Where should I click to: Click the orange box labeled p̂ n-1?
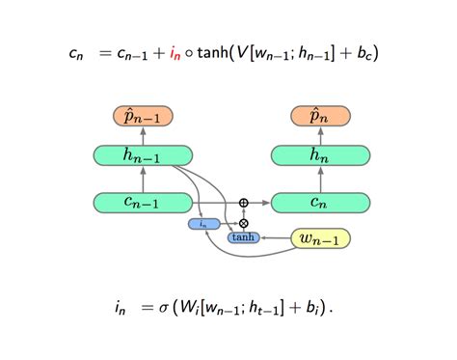[x=143, y=118]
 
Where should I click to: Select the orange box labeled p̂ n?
[x=320, y=118]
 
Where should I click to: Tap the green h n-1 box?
[x=143, y=154]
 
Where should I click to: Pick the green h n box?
[x=320, y=154]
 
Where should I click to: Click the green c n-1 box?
[x=143, y=202]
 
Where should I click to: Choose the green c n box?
[x=320, y=202]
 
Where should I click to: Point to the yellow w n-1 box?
[x=320, y=237]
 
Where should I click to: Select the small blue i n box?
[x=204, y=224]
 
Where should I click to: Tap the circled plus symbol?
[x=243, y=203]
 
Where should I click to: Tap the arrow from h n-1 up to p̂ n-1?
[x=143, y=136]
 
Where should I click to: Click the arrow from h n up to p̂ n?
[x=320, y=136]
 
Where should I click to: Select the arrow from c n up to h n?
[x=320, y=179]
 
